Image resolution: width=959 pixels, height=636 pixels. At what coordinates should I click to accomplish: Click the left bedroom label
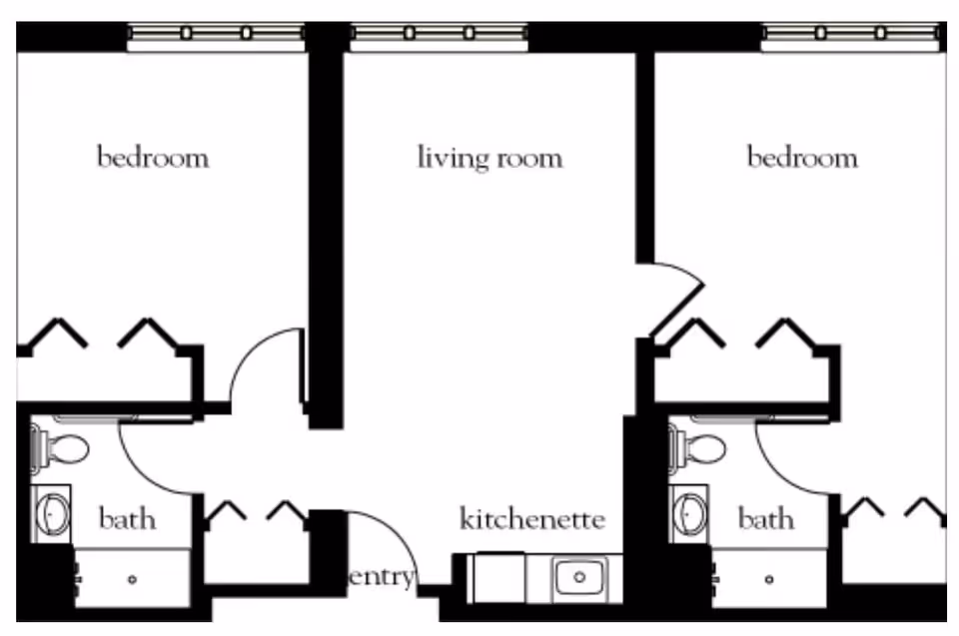coord(153,158)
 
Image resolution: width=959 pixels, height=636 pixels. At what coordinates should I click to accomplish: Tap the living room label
coord(489,158)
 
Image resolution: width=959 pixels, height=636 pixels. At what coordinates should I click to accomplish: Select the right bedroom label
coord(802,158)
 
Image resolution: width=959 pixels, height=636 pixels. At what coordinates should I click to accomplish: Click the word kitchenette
coord(532,519)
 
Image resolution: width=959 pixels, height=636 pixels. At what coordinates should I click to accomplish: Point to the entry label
coord(382,576)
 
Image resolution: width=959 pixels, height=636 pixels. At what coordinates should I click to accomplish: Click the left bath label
coord(128,519)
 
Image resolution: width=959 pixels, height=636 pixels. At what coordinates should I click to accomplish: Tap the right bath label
coord(766,519)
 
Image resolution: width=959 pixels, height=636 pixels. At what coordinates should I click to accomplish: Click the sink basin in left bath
coord(52,514)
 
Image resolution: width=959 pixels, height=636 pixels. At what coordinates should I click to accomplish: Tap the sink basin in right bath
coord(690,514)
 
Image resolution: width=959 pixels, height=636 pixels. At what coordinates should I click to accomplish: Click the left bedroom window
coord(216,33)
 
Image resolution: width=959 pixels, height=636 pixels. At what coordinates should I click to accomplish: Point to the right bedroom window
coord(850,33)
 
